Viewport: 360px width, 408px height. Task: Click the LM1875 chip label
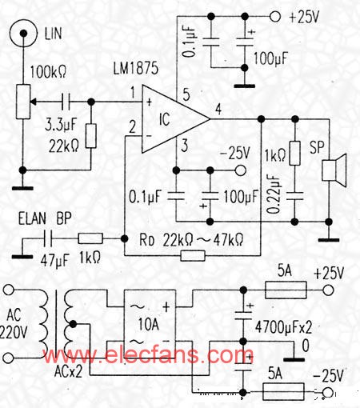click(136, 68)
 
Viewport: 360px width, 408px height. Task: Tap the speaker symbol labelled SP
click(334, 170)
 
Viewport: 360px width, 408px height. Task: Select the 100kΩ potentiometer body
click(23, 102)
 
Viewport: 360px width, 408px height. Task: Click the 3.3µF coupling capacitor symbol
click(66, 102)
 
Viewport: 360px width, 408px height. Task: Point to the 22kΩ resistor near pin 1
click(91, 136)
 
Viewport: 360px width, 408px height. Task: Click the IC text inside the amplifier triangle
click(164, 119)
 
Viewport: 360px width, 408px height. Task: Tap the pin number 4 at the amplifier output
click(218, 110)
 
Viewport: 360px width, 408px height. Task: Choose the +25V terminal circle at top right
click(275, 17)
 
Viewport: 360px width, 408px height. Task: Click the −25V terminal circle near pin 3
click(240, 170)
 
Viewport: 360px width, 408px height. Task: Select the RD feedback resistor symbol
click(193, 255)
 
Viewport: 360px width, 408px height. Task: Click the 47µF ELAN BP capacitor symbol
click(48, 238)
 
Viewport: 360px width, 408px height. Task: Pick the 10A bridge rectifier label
click(149, 325)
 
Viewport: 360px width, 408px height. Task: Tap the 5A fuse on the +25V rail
click(286, 290)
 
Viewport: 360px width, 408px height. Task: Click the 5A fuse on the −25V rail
click(283, 392)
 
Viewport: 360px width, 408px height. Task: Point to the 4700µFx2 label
click(283, 327)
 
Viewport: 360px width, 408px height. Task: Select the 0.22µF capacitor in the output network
click(294, 196)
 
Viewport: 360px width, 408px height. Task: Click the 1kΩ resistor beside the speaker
click(295, 154)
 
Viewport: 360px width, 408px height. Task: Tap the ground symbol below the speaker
click(329, 240)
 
